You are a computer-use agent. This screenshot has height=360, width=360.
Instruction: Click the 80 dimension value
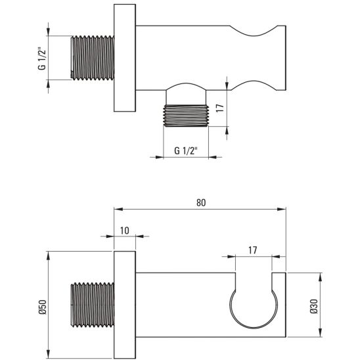pos(201,203)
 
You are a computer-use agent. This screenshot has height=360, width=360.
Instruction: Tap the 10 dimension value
pos(124,231)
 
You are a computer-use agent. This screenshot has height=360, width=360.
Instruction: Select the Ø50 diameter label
pos(43,307)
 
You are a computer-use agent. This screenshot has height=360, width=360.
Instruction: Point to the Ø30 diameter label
pos(313,306)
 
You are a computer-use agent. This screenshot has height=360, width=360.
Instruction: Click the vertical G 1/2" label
pos(42,58)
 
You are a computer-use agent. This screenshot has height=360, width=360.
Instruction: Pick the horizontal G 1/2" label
pos(186,151)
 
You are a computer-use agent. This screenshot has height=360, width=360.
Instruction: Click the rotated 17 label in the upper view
pos(220,108)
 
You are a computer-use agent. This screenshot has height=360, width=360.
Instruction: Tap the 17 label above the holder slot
pos(252,250)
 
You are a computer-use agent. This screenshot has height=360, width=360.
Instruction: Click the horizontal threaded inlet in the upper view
pos(92,58)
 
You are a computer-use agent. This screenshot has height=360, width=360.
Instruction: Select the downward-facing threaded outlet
pos(186,116)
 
